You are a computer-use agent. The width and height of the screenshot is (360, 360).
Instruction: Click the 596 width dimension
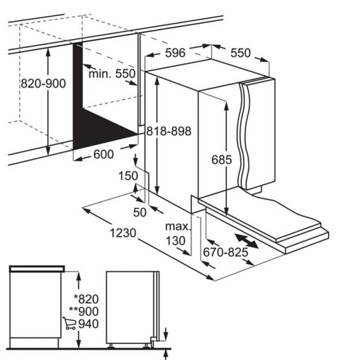175,53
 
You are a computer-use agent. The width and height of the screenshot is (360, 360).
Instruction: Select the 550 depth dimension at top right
240,53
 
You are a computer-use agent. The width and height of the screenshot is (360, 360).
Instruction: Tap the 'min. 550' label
112,73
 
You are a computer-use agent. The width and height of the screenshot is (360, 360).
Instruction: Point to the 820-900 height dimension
43,83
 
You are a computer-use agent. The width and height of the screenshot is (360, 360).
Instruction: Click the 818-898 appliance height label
169,131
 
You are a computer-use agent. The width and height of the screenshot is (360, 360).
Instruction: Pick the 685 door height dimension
221,159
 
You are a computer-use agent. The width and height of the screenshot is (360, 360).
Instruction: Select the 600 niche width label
103,154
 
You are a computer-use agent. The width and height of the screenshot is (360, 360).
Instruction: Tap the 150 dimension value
128,176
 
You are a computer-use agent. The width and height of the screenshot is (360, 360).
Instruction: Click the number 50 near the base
139,212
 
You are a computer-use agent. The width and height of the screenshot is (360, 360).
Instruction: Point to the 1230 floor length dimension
123,233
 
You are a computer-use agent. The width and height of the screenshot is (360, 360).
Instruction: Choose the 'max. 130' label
177,233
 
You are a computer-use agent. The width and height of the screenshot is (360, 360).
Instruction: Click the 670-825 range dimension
225,252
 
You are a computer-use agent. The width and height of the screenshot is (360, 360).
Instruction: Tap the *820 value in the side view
86,299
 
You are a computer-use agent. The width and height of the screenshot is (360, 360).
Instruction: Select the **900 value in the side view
84,311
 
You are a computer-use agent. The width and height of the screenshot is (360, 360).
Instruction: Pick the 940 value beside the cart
88,323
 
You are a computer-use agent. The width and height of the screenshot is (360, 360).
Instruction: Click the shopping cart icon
69,323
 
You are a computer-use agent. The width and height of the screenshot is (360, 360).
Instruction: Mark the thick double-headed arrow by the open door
246,241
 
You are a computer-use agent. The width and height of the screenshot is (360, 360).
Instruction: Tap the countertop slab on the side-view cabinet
36,268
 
